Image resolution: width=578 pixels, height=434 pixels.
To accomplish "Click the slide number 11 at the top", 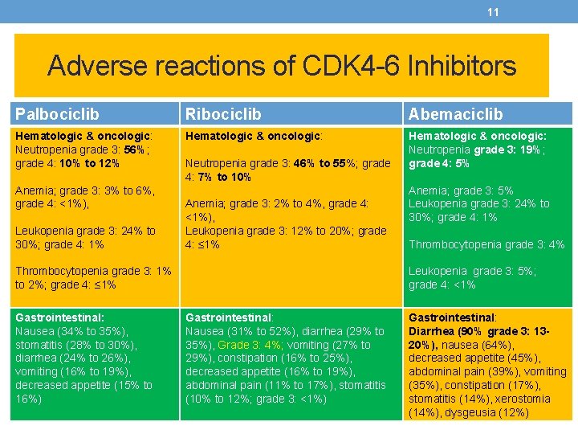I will tap(494, 11).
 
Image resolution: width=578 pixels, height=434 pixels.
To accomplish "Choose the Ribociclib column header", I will tap(220, 114).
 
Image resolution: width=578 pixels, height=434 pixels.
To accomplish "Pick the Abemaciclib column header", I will tap(456, 114).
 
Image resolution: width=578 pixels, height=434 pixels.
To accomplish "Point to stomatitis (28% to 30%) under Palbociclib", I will tap(75, 345).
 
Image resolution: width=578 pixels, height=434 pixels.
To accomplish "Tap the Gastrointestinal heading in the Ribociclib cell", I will tap(228, 317).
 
